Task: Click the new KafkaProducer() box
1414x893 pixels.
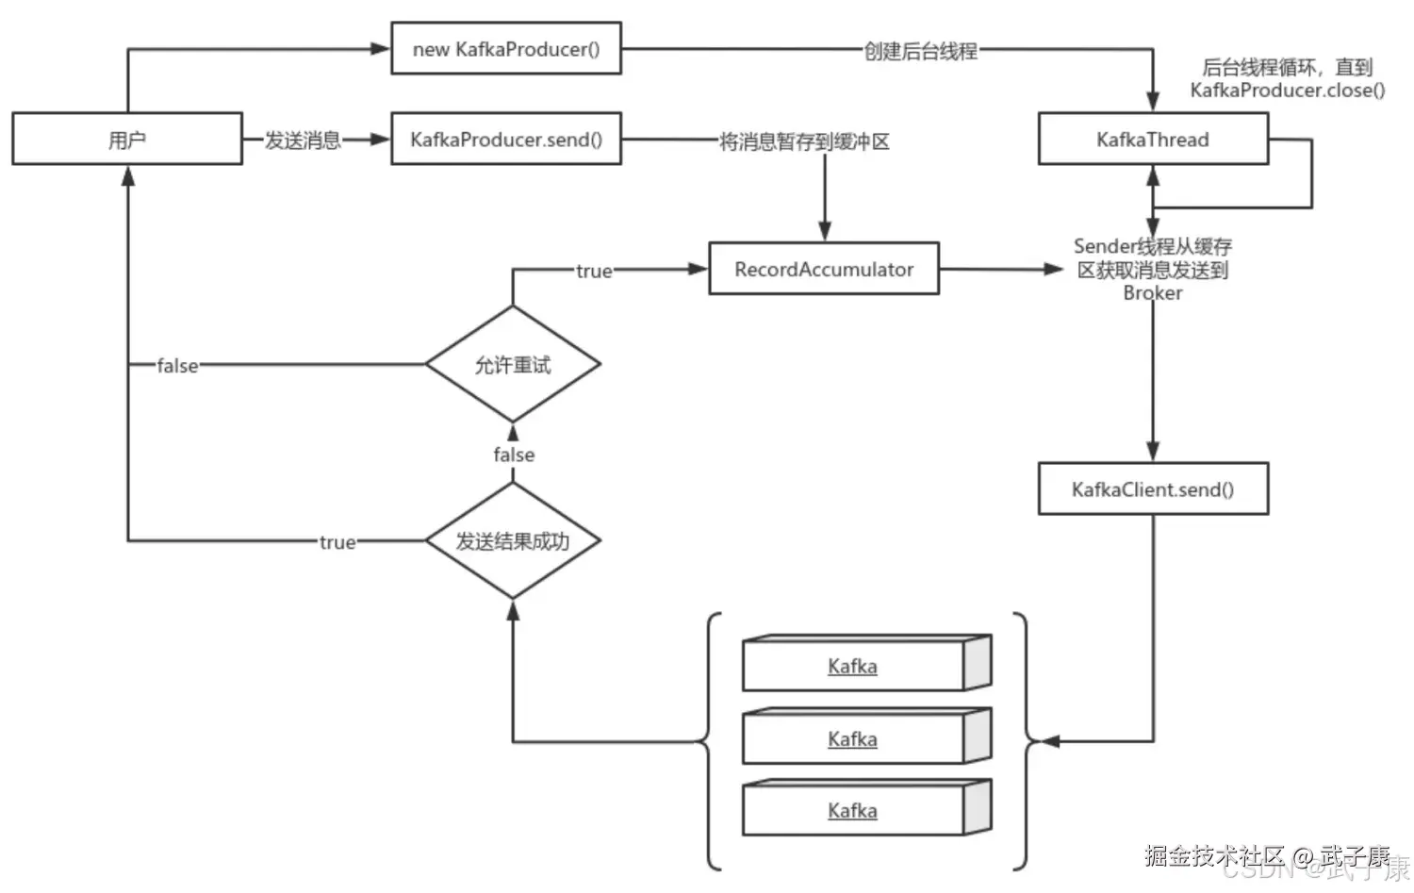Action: pos(506,49)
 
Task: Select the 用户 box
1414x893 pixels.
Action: pos(127,139)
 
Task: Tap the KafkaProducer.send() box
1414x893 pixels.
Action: pos(506,139)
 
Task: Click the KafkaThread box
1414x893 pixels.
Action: pos(1153,139)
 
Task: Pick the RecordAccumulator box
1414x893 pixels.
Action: pos(824,269)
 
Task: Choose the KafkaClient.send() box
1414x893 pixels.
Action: pos(1153,488)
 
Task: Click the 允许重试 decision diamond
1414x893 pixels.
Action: pos(513,364)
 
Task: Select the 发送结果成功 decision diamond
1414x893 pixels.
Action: pos(513,540)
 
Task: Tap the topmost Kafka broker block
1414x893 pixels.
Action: pos(866,663)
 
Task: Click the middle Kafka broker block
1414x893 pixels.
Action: pos(866,736)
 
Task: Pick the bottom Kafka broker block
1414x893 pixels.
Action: pos(866,808)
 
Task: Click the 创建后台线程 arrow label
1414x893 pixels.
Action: pos(920,51)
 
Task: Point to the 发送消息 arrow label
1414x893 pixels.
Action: pos(303,141)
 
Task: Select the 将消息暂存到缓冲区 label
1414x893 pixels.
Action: pos(804,141)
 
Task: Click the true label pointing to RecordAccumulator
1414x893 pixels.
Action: pos(594,271)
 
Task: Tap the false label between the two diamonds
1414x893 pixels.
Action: pos(514,455)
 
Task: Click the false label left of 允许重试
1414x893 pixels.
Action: pos(177,366)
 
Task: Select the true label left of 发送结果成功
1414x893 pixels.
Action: pos(337,542)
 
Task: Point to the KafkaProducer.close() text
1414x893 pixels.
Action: pos(1288,91)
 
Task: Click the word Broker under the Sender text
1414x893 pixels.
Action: pos(1153,293)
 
